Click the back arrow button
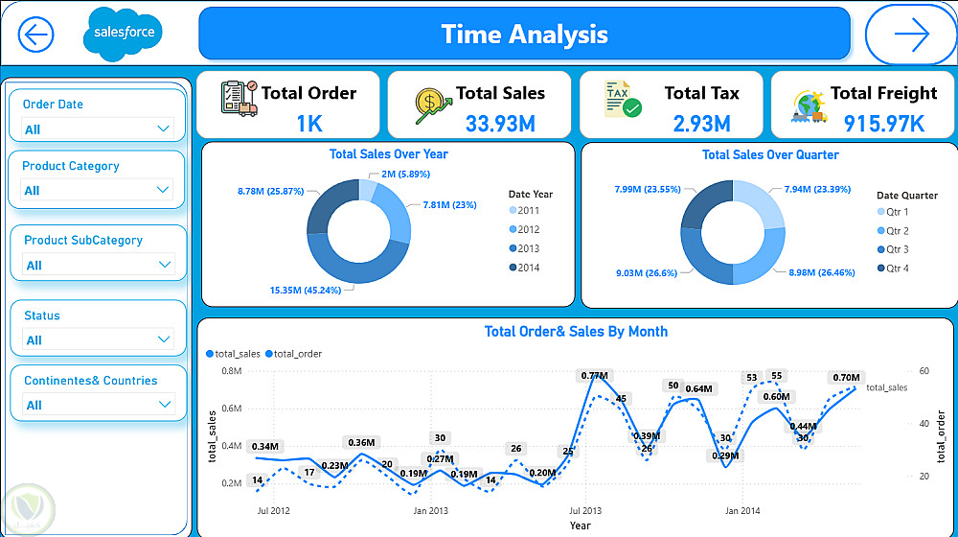(35, 35)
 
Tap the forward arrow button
(911, 35)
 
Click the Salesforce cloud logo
(124, 34)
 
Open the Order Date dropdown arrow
(162, 128)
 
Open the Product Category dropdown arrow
(162, 190)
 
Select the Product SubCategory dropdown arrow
(165, 265)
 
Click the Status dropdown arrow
(163, 339)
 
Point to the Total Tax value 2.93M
(701, 123)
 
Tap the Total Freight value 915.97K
(883, 123)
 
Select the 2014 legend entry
(527, 268)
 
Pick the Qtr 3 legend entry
(897, 249)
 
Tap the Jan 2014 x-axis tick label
(741, 511)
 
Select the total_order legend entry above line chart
(297, 354)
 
